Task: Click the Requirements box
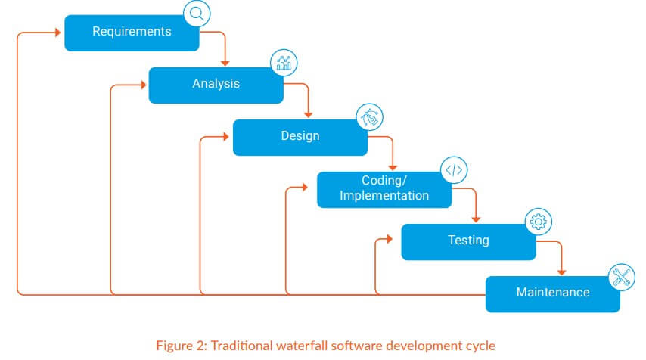[x=132, y=33]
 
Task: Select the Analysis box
[x=216, y=85]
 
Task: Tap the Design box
[x=300, y=138]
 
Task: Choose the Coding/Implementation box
[x=384, y=190]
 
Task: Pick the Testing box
[x=468, y=242]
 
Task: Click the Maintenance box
[x=553, y=294]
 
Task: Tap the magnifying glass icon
[x=197, y=14]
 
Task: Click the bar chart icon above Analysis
[x=284, y=63]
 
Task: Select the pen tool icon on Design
[x=370, y=117]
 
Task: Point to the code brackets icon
[x=454, y=169]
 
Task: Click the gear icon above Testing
[x=538, y=222]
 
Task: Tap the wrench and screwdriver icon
[x=622, y=278]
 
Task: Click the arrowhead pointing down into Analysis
[x=225, y=63]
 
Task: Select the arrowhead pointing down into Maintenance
[x=561, y=272]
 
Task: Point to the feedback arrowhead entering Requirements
[x=58, y=33]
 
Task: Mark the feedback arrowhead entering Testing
[x=390, y=239]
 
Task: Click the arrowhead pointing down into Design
[x=308, y=115]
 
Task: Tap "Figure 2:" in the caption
[x=182, y=346]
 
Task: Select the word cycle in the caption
[x=481, y=346]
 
